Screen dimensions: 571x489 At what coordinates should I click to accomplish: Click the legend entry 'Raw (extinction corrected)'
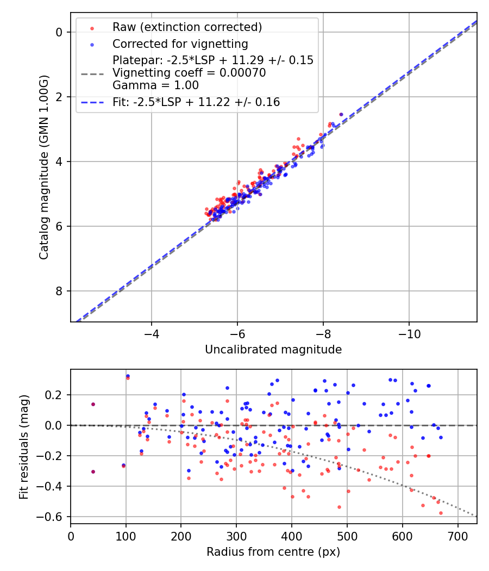187,27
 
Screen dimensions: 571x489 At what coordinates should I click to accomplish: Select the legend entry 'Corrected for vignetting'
180,44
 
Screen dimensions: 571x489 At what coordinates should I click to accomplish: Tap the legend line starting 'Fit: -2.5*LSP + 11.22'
196,102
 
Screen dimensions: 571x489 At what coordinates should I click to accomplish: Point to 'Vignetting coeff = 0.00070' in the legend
189,73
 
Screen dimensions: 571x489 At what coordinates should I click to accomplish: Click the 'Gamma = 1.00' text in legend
155,85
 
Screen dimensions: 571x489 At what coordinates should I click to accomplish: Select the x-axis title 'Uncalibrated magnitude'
273,350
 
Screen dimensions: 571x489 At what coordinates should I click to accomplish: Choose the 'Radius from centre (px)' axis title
273,552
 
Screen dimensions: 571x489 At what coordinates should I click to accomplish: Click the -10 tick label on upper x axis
409,333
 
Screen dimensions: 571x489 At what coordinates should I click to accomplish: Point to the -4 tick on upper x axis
151,333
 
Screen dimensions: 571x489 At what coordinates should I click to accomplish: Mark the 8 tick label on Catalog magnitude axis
60,291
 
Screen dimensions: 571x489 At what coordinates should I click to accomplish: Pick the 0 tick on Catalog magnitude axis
60,32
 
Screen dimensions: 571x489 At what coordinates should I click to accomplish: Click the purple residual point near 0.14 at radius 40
93,404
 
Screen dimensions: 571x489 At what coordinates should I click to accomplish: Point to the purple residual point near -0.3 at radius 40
93,471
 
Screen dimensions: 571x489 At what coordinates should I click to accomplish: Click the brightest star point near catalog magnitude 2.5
341,114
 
